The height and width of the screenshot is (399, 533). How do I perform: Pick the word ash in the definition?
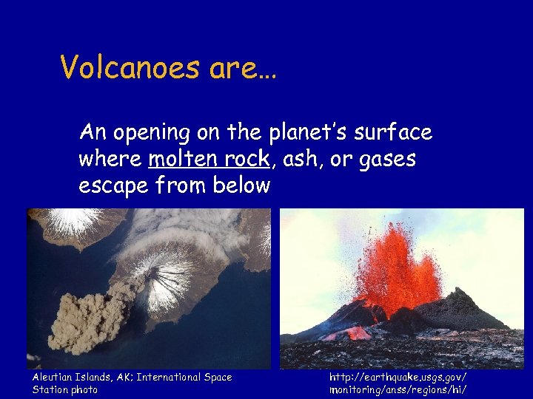point(295,159)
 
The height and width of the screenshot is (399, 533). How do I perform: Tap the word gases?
point(387,159)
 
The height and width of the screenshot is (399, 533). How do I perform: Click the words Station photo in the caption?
point(65,389)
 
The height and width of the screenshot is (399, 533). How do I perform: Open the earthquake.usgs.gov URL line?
point(398,378)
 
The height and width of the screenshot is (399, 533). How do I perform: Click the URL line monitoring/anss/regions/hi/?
point(398,389)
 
